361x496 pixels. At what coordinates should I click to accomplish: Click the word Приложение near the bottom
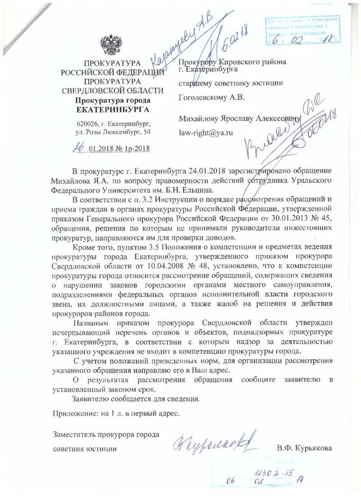(73, 413)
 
